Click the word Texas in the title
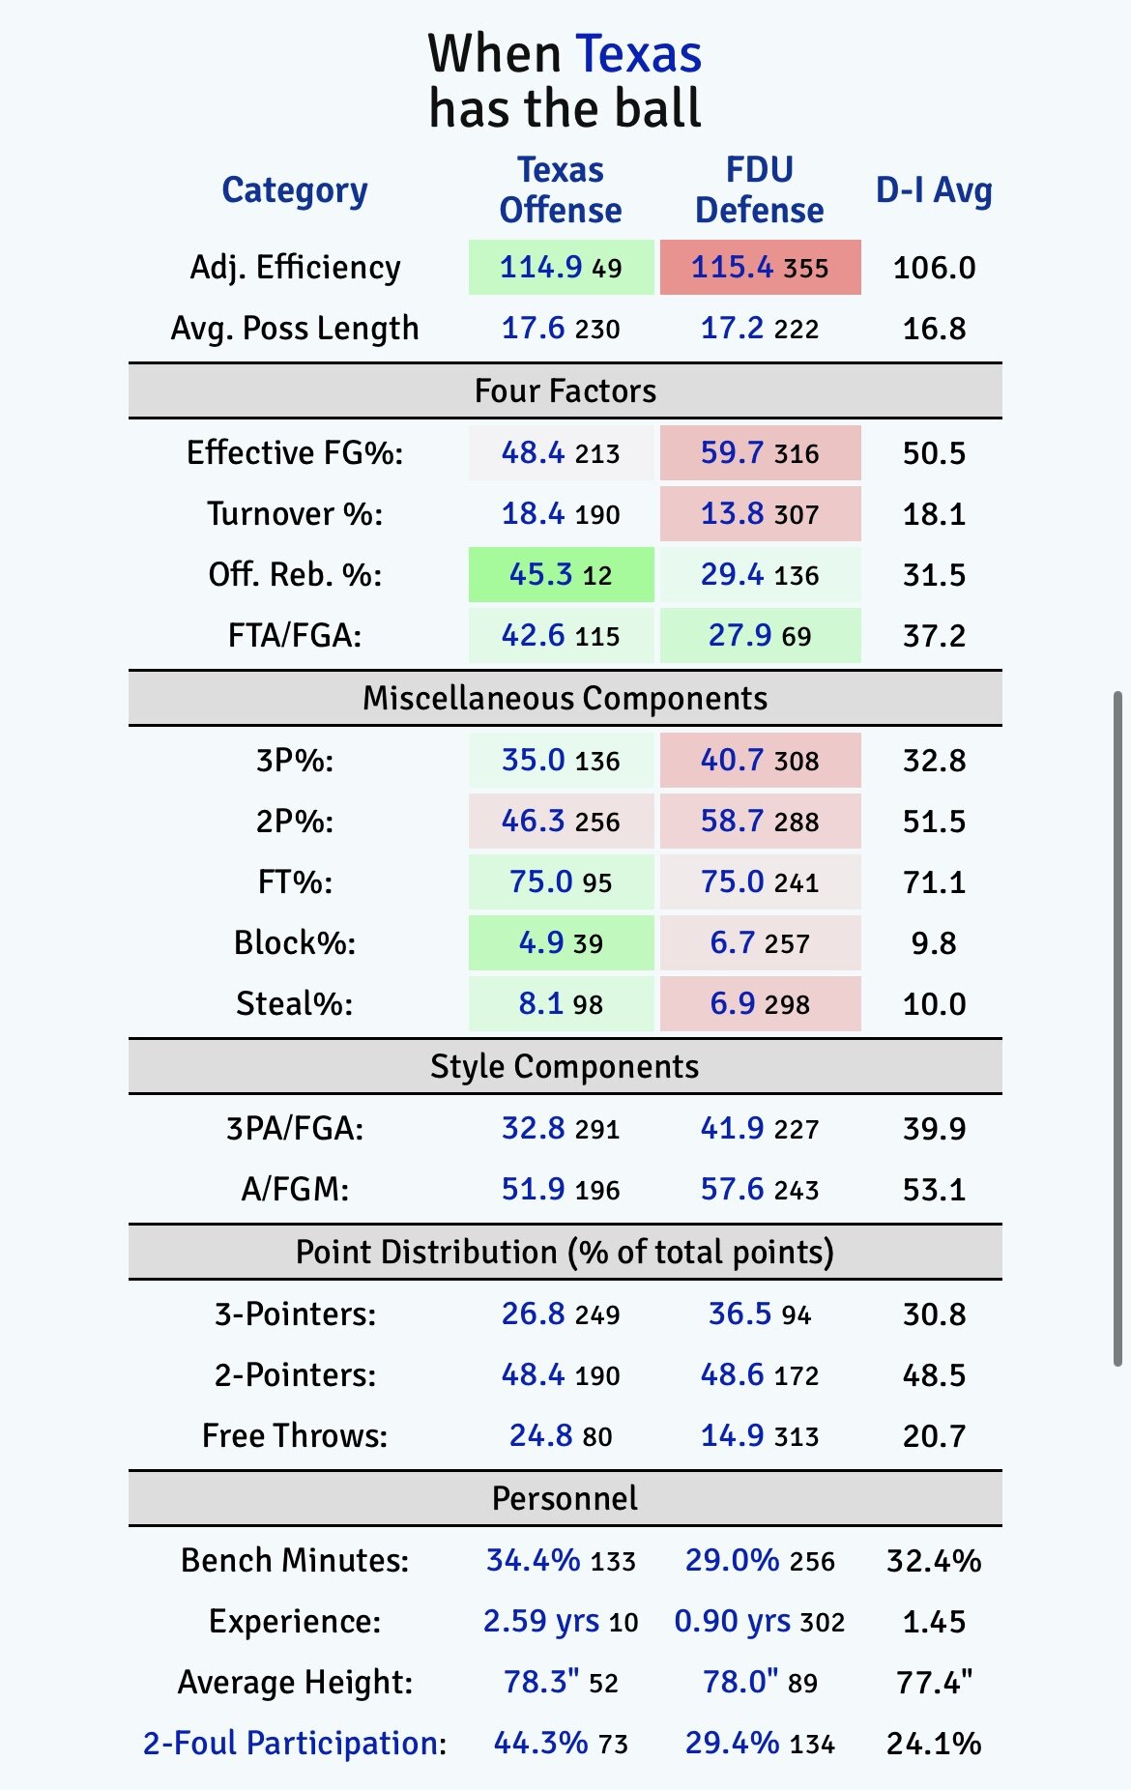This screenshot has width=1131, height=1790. [638, 54]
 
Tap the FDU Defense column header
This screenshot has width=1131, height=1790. [759, 189]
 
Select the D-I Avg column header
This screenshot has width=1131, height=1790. [933, 189]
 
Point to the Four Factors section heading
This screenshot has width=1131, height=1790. [565, 390]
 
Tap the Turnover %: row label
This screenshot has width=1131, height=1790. [295, 513]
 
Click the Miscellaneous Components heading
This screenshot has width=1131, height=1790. [565, 698]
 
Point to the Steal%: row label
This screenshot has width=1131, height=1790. [295, 1003]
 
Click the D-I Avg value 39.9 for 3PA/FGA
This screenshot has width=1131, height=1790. [934, 1128]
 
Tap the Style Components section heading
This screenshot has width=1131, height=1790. [565, 1066]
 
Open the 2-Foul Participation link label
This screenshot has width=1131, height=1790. [291, 1743]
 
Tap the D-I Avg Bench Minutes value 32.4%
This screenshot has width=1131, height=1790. [934, 1560]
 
